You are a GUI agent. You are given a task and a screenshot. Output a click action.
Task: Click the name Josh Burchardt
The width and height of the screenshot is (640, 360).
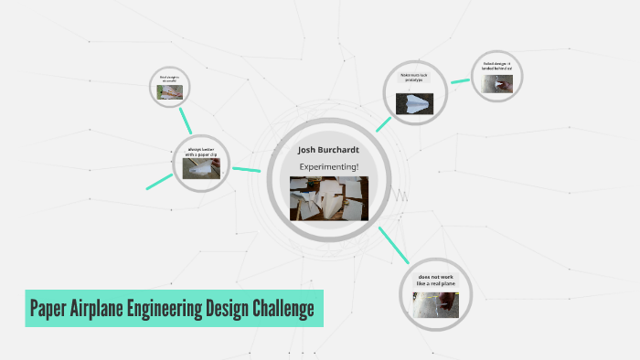point(329,149)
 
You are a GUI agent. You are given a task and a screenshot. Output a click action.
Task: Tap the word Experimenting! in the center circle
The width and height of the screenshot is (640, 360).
point(329,166)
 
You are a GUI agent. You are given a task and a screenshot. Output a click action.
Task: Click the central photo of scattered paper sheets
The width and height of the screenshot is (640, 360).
point(329,198)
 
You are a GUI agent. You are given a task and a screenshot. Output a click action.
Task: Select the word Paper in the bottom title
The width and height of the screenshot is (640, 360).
point(56,308)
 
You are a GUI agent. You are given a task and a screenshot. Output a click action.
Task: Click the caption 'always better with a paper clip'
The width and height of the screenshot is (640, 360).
point(201,152)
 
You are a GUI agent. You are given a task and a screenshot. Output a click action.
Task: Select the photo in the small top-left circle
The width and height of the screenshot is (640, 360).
point(170,92)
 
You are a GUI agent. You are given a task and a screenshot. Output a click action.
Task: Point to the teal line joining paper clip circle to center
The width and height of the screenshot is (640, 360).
point(247,169)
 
